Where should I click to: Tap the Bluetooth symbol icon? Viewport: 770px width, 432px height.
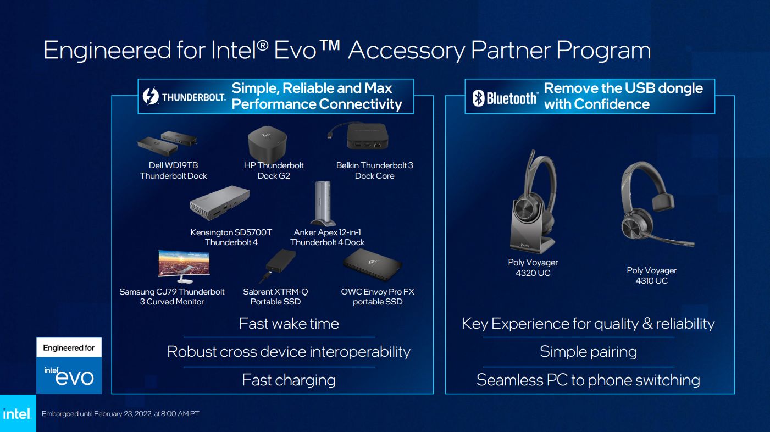click(478, 98)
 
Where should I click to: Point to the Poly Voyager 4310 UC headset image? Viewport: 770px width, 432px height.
click(651, 203)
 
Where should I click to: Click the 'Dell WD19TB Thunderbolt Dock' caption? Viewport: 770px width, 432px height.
click(174, 170)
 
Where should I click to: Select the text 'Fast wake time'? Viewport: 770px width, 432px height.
click(289, 324)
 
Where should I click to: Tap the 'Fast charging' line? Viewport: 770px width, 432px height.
click(289, 380)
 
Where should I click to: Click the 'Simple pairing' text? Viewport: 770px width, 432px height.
click(588, 352)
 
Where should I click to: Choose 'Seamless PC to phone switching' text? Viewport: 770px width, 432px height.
click(588, 380)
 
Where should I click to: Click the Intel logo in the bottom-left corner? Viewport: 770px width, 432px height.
click(17, 414)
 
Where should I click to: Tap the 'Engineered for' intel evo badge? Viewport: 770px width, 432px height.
click(69, 365)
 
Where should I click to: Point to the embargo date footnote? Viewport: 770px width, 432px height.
click(120, 414)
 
